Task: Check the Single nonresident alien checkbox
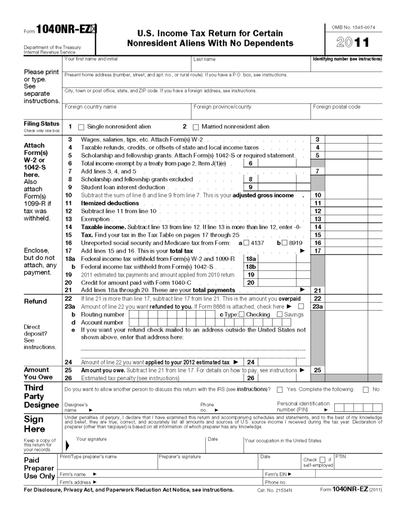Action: coord(80,127)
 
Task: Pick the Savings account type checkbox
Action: coord(280,314)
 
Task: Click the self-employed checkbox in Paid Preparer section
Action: coord(322,459)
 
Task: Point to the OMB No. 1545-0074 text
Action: coord(353,27)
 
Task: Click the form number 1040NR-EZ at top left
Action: coord(62,30)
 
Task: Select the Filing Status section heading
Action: coord(42,124)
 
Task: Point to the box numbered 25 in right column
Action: coord(317,370)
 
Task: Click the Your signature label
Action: coord(91,439)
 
